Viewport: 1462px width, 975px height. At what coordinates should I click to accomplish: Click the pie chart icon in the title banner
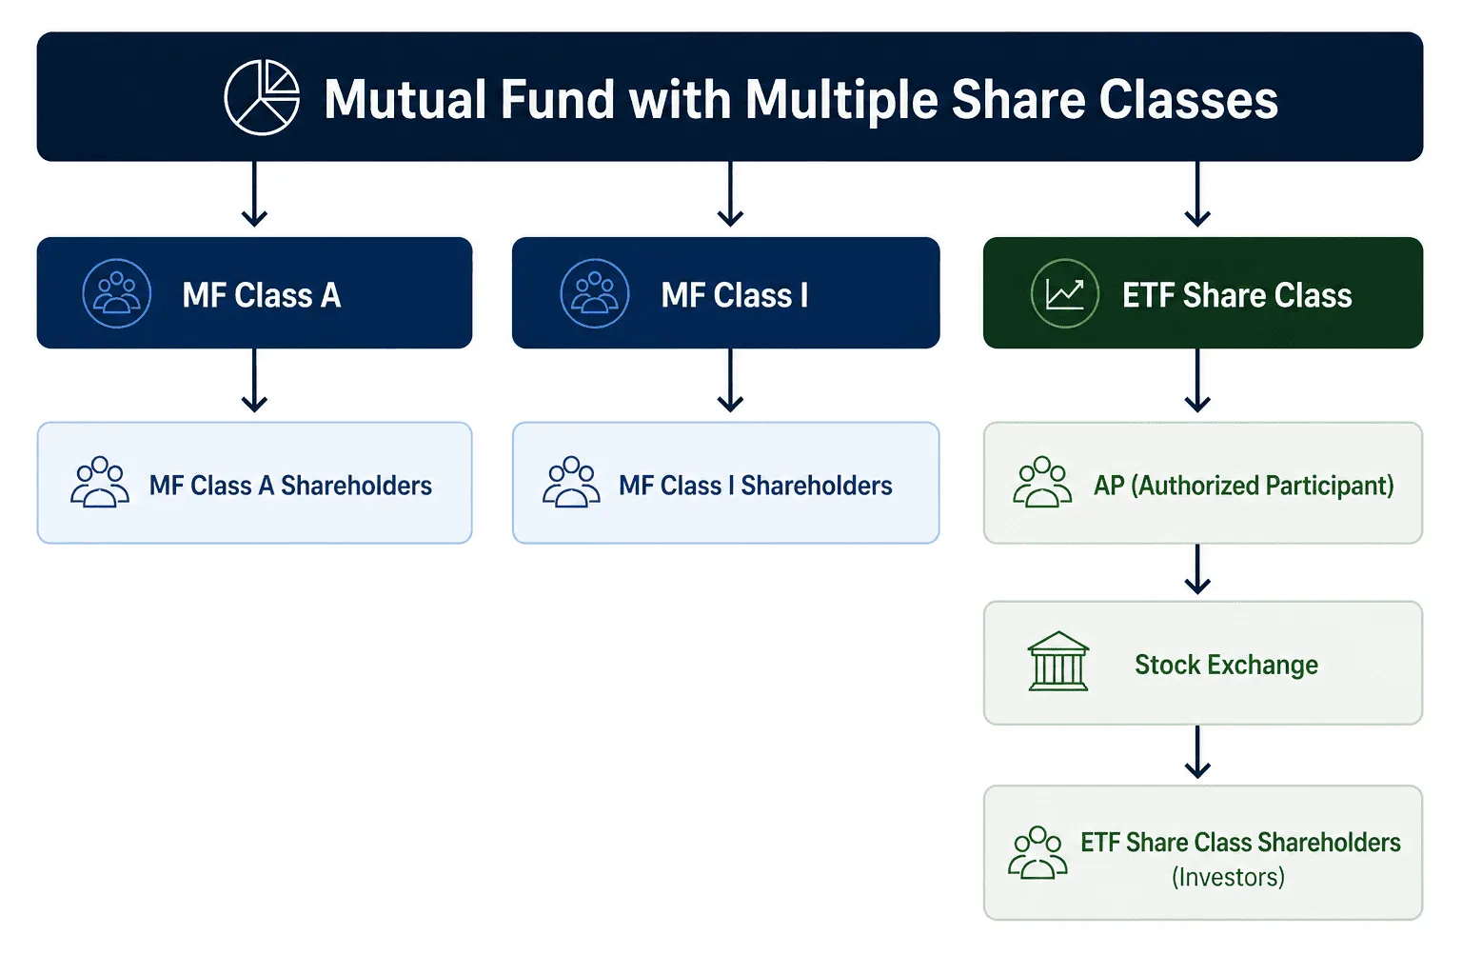[262, 98]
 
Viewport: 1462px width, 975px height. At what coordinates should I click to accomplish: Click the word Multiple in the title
[841, 100]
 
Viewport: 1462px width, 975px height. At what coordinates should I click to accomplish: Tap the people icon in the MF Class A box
[117, 293]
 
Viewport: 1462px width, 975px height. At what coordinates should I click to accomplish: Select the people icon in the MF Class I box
[595, 293]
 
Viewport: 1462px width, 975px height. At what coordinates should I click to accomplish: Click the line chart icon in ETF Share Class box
[1064, 293]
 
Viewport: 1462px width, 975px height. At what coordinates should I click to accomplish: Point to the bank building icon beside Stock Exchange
[1057, 662]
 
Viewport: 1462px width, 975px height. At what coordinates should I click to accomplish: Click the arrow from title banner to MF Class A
[254, 195]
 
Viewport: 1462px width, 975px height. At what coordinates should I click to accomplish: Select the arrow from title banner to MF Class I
[730, 195]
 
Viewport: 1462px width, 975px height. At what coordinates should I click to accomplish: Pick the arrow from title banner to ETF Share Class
[1197, 195]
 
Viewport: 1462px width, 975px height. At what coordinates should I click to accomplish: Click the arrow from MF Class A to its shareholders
[254, 381]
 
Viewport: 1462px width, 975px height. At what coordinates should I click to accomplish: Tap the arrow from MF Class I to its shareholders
[730, 381]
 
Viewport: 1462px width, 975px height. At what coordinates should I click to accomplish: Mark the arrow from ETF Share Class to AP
[1197, 381]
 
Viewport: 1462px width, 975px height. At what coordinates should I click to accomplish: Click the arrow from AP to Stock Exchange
[1197, 569]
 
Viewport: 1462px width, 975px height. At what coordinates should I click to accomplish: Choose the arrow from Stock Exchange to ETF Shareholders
[1197, 753]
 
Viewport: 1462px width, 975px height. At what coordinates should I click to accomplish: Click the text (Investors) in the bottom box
[1228, 877]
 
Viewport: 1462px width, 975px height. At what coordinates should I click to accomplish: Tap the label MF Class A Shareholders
[290, 486]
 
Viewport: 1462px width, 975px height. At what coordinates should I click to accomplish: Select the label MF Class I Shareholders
[755, 486]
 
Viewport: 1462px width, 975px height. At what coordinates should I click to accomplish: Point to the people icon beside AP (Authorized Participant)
[1042, 483]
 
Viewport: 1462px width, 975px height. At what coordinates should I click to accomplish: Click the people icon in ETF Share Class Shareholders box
[1037, 852]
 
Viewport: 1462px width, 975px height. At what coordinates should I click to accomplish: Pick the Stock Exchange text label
[1226, 665]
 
